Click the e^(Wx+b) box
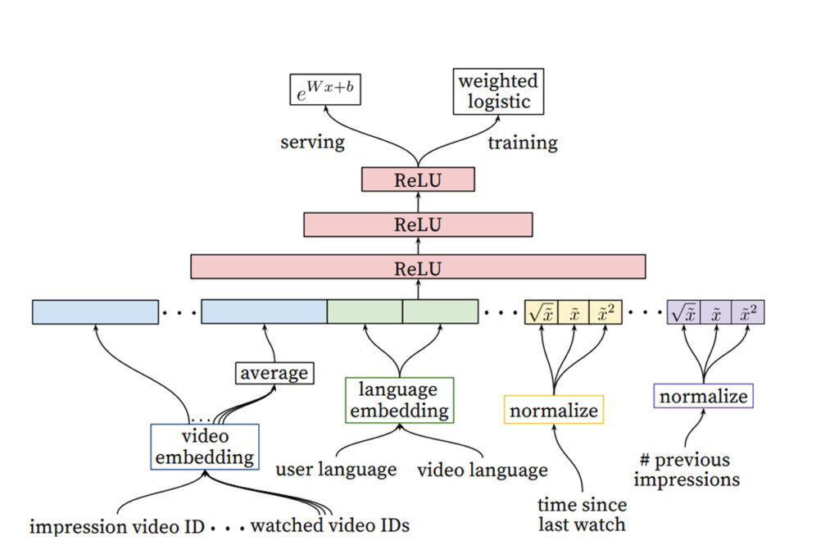click(x=326, y=89)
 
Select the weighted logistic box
click(x=498, y=91)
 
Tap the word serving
click(x=312, y=142)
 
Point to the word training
click(x=522, y=143)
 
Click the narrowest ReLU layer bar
click(x=418, y=180)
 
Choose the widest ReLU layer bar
click(x=418, y=266)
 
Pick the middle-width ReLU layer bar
click(x=418, y=224)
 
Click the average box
click(x=274, y=373)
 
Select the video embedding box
click(x=205, y=446)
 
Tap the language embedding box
click(x=399, y=399)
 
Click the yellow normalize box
click(x=553, y=409)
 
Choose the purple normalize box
click(x=703, y=396)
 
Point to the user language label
click(x=336, y=470)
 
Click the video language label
click(x=483, y=470)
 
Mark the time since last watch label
click(x=582, y=514)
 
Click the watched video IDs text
click(x=329, y=525)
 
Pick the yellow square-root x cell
click(x=541, y=312)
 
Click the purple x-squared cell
click(x=748, y=312)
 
